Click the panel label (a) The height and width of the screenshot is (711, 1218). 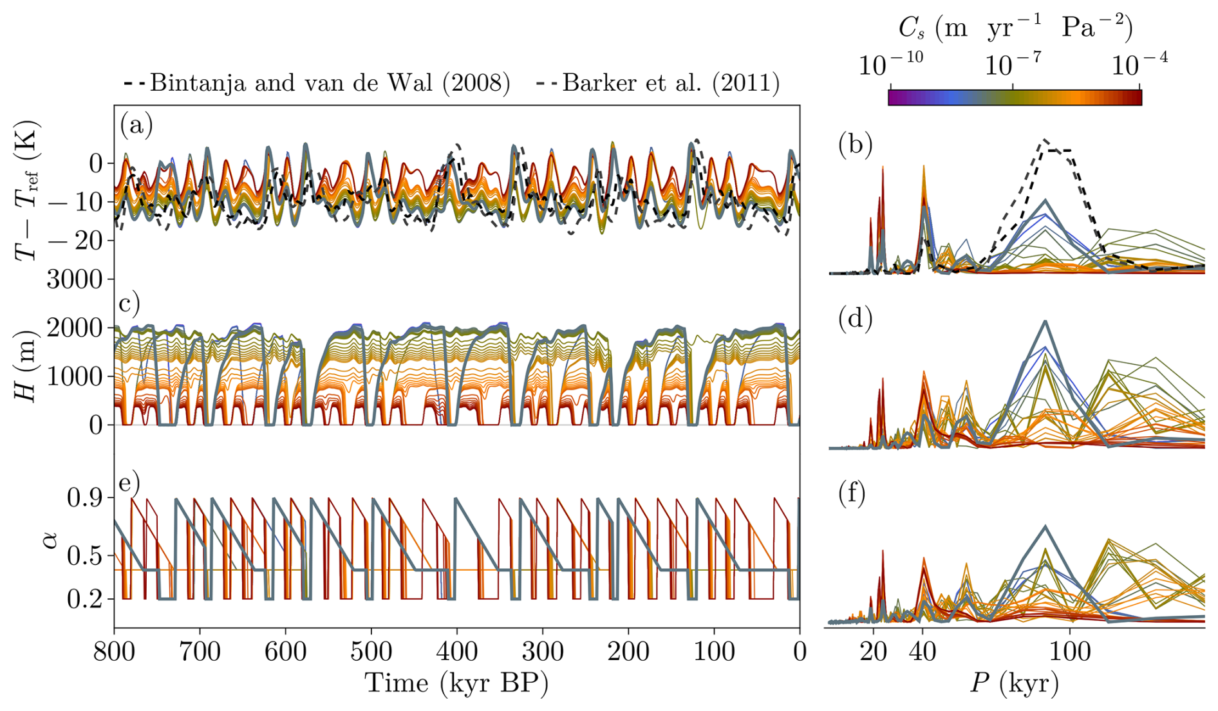coord(136,125)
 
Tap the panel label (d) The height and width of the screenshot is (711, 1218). coord(856,319)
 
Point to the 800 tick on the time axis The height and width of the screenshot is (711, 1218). coord(115,652)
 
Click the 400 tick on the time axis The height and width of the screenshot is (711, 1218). coord(457,652)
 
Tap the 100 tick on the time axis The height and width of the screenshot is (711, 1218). coord(715,652)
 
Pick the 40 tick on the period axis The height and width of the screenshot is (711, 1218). coord(923,652)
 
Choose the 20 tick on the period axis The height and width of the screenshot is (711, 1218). coord(874,652)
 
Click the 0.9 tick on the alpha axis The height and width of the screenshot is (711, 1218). coord(86,497)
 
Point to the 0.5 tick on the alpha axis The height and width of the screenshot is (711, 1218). coord(86,555)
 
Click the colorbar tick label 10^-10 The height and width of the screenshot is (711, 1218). coord(890,65)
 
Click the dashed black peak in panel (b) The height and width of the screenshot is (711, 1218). coord(1045,140)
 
